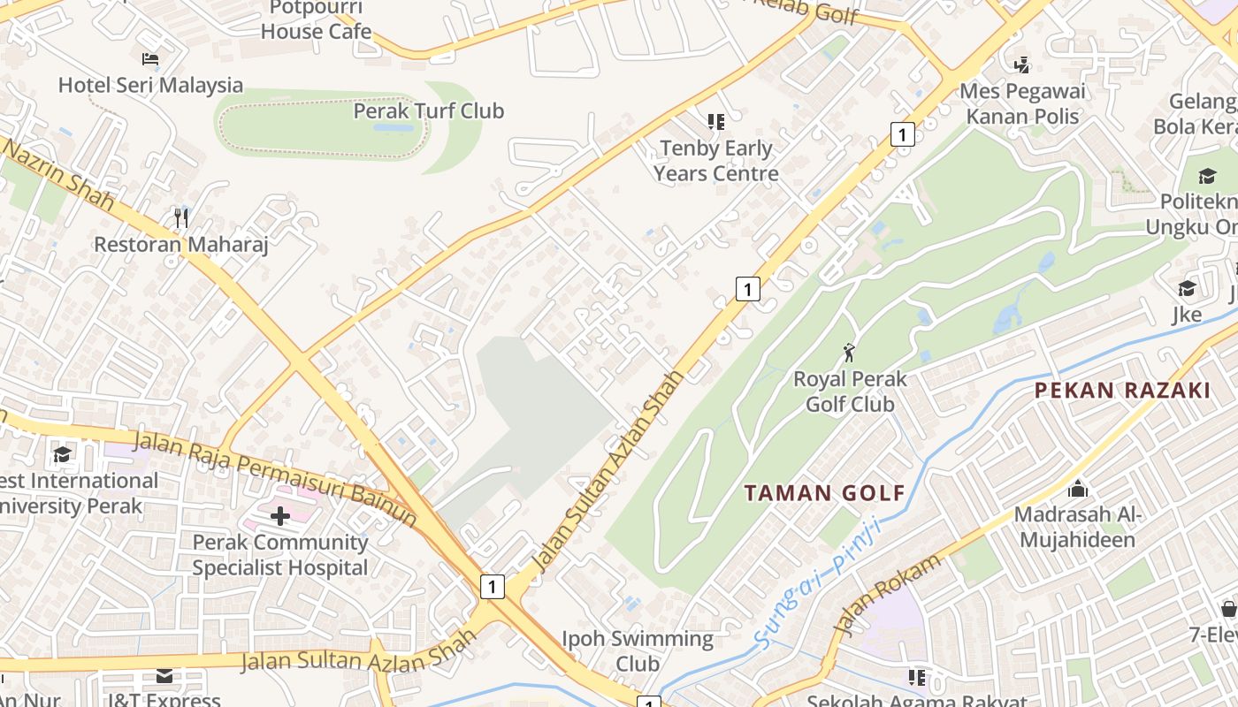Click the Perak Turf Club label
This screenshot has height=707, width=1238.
coord(428,110)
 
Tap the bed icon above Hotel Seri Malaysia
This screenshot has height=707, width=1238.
coord(150,59)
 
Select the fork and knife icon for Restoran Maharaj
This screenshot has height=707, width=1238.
coord(181,217)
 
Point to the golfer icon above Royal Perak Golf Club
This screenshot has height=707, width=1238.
coord(850,353)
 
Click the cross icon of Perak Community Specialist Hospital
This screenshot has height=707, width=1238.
coord(280,515)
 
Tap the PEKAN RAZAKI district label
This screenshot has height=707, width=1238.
coord(1122,390)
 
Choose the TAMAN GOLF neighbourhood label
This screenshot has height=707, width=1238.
coord(824,493)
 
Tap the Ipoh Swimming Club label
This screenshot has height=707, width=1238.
coord(637,650)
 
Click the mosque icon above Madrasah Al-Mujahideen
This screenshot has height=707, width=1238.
coord(1078,488)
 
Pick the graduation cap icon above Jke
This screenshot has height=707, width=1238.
coord(1187,289)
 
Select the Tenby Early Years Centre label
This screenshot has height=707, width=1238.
coord(715,161)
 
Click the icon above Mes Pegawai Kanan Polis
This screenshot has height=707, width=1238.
coord(1022,65)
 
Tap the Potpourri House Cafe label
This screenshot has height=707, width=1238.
coord(316,20)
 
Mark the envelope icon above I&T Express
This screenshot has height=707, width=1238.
coord(164,676)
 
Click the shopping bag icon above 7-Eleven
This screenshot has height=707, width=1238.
coord(1228,608)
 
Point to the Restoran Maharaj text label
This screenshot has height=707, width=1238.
coord(180,244)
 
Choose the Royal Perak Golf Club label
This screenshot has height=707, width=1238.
coord(850,392)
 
